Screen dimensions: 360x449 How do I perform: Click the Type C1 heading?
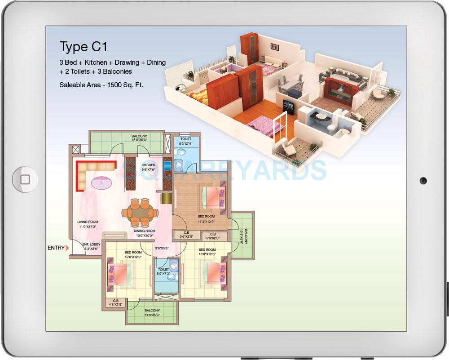click(x=84, y=46)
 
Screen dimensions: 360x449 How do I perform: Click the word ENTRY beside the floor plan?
click(x=56, y=248)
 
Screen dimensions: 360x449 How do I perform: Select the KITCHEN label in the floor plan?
click(x=148, y=165)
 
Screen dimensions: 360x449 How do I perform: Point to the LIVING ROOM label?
click(x=88, y=222)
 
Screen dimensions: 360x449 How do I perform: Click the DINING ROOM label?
click(x=144, y=231)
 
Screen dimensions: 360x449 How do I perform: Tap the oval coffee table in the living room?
click(x=102, y=182)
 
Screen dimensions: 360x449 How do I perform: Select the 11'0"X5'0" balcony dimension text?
click(x=152, y=316)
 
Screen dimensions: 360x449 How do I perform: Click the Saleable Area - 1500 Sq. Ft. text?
click(x=101, y=84)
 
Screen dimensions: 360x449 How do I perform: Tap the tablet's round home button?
click(x=25, y=179)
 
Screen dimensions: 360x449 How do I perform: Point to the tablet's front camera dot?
click(x=423, y=181)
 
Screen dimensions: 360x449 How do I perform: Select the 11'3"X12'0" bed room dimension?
click(x=207, y=221)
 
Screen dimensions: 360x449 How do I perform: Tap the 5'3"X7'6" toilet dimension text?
click(x=186, y=144)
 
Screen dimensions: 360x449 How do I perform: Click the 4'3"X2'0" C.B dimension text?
click(x=116, y=305)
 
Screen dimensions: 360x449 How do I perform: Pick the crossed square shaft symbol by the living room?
click(x=75, y=150)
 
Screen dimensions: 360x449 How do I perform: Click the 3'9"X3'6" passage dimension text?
click(x=162, y=248)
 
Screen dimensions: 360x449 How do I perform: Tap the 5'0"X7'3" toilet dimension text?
click(x=163, y=274)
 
